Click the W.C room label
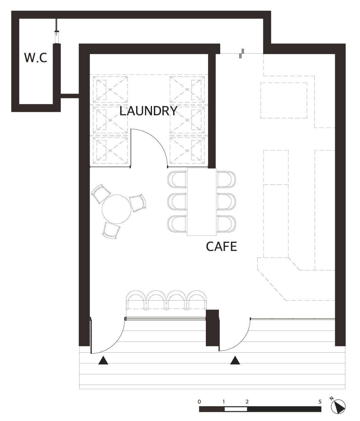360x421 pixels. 36,58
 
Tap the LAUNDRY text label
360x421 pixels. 148,111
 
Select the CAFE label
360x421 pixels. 221,247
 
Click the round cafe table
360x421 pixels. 117,209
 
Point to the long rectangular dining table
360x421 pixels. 202,202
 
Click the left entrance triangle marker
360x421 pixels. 103,360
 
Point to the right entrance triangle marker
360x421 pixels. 235,360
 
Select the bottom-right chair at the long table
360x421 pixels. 226,224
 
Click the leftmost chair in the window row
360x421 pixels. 136,301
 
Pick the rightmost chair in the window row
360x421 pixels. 196,301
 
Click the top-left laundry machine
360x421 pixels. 110,90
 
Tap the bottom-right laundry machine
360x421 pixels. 187,151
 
